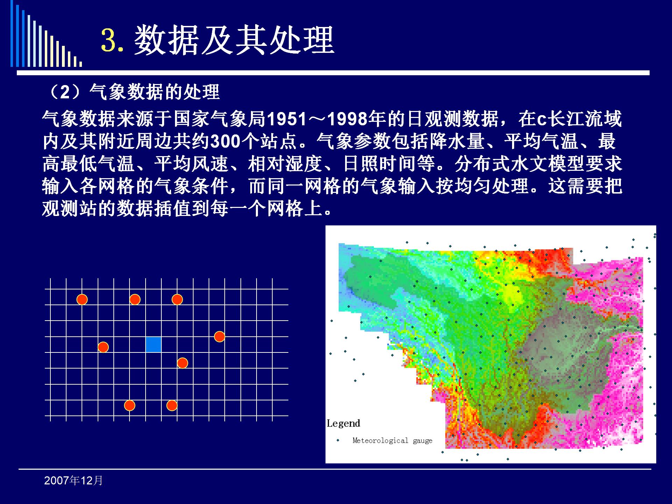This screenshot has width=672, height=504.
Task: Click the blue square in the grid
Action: click(x=153, y=344)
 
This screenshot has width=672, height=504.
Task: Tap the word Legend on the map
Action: click(x=343, y=424)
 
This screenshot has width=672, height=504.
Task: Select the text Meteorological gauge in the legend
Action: click(x=392, y=441)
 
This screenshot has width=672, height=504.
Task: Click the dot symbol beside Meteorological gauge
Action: click(x=338, y=440)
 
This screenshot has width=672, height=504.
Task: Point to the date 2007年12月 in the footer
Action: click(x=73, y=481)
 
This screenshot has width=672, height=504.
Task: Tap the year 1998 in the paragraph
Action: click(x=348, y=119)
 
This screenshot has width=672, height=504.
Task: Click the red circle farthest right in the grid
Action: click(x=219, y=337)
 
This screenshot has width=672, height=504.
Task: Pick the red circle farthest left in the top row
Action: click(x=82, y=300)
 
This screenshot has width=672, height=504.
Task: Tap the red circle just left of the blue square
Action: click(x=103, y=347)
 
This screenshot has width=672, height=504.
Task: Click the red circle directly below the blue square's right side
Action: click(x=182, y=363)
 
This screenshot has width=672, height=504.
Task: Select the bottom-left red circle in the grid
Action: click(x=129, y=406)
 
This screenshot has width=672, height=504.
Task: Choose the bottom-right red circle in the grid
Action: click(x=172, y=406)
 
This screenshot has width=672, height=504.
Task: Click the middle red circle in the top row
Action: click(x=135, y=300)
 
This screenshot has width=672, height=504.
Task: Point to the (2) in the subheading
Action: click(x=65, y=92)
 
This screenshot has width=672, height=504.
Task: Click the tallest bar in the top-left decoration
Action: click(x=12, y=33)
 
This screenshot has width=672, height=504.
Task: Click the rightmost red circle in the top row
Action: click(x=177, y=300)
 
